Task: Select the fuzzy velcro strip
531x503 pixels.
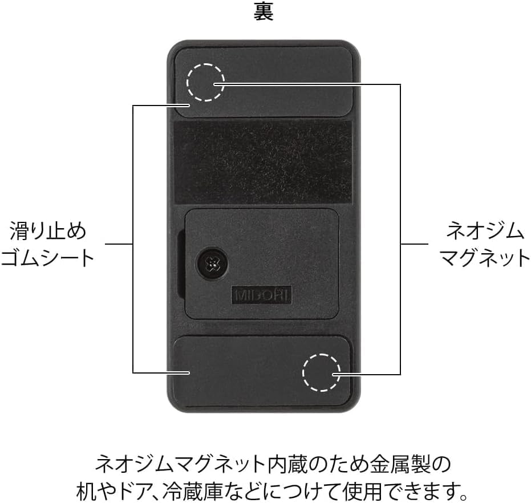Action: (x=262, y=162)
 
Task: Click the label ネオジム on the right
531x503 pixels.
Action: (x=484, y=232)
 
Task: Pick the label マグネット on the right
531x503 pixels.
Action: (x=484, y=257)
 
